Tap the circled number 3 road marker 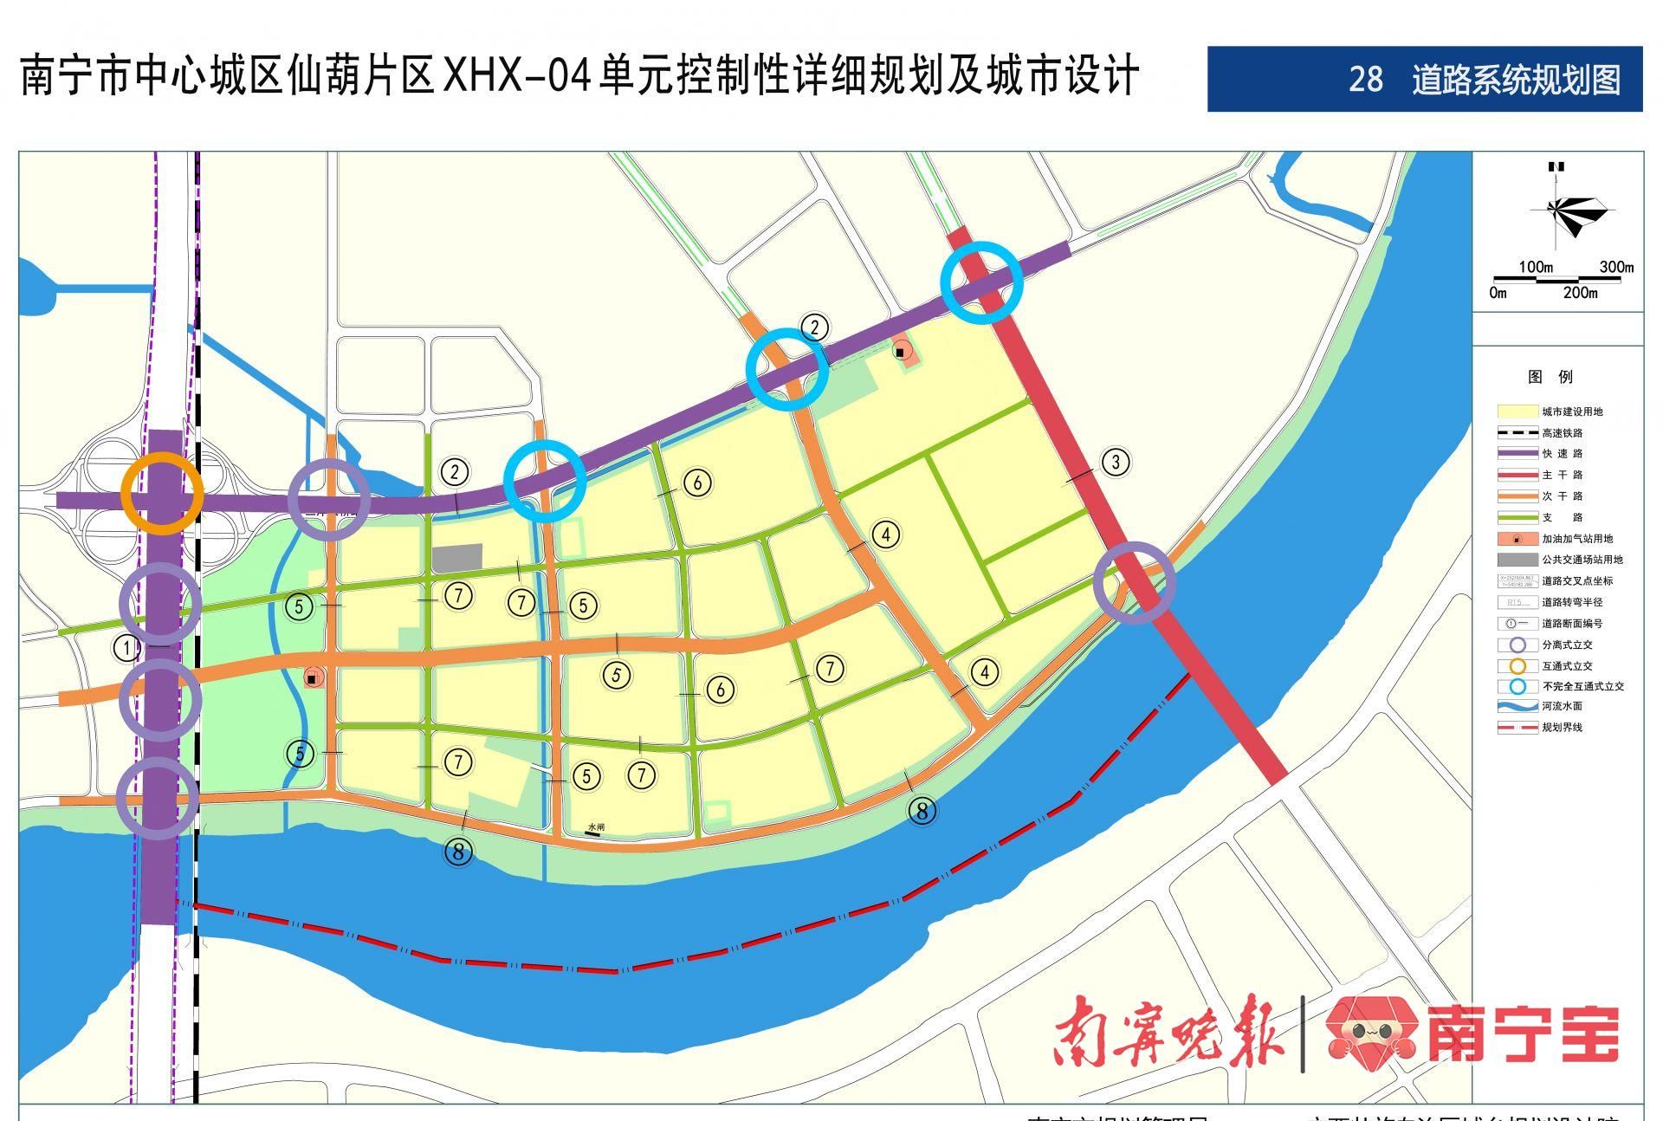pyautogui.click(x=1116, y=462)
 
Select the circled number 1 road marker pyautogui.click(x=127, y=647)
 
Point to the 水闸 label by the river pyautogui.click(x=594, y=827)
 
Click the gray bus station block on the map pyautogui.click(x=456, y=559)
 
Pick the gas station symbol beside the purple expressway pyautogui.click(x=902, y=352)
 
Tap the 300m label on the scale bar pyautogui.click(x=1615, y=267)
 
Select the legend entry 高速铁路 pyautogui.click(x=1562, y=432)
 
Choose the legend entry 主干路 pyautogui.click(x=1562, y=475)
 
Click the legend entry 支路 pyautogui.click(x=1562, y=517)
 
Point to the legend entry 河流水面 pyautogui.click(x=1562, y=706)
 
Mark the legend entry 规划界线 pyautogui.click(x=1562, y=728)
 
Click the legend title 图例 pyautogui.click(x=1550, y=377)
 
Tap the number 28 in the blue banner pyautogui.click(x=1366, y=80)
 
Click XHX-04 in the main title pyautogui.click(x=517, y=76)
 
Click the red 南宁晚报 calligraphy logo pyautogui.click(x=1168, y=1031)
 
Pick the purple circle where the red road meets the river pyautogui.click(x=1135, y=582)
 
